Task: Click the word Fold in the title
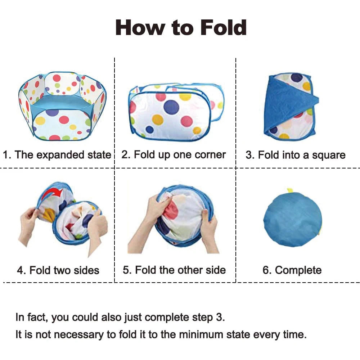224,28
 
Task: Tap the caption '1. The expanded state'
57,154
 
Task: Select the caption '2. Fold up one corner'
174,154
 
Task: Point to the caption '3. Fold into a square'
296,155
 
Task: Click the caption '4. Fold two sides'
58,270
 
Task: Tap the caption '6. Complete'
292,270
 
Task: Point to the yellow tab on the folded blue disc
290,191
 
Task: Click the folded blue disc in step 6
292,220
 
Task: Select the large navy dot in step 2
171,107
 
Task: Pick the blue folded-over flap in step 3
289,104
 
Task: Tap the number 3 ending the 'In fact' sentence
219,317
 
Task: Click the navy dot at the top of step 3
297,78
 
